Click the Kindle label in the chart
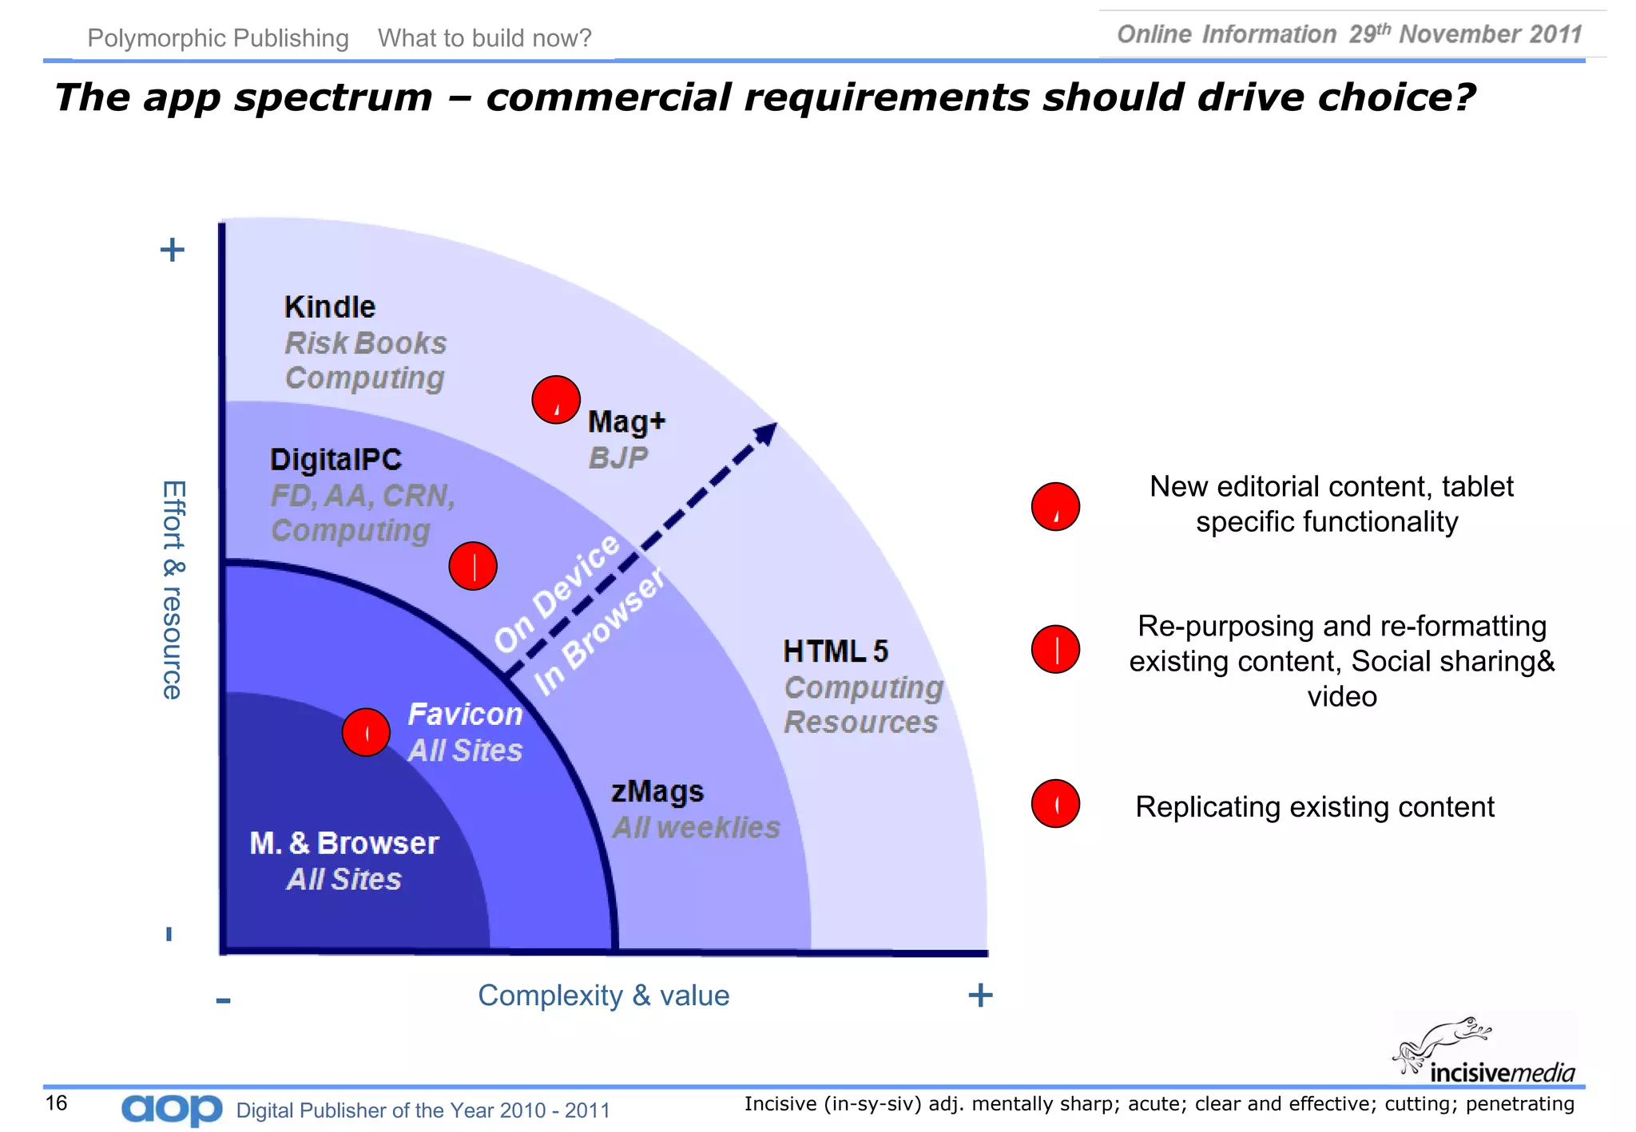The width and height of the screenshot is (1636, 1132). [x=329, y=307]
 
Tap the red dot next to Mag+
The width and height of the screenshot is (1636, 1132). [x=556, y=399]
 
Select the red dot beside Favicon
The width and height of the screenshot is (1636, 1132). [x=366, y=732]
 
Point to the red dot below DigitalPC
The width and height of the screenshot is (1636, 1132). [x=473, y=566]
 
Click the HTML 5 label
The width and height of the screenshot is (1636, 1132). [x=835, y=651]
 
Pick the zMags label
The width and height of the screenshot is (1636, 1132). [x=657, y=792]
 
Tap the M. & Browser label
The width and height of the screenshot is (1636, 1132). [x=344, y=843]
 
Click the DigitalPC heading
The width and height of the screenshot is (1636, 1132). [x=336, y=460]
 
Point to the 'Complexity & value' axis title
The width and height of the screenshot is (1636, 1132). [x=603, y=995]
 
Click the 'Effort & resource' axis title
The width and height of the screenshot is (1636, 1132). [x=173, y=590]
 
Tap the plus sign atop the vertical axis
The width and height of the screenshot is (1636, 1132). [x=172, y=250]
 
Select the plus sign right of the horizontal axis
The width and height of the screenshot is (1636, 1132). [x=980, y=995]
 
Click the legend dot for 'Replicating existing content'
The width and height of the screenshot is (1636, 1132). [x=1055, y=804]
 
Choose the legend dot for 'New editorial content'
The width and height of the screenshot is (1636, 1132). [x=1055, y=507]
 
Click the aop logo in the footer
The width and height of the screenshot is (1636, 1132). [x=172, y=1109]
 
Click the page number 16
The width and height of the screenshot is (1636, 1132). [x=56, y=1103]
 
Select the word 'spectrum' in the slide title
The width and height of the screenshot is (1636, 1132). [x=333, y=98]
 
